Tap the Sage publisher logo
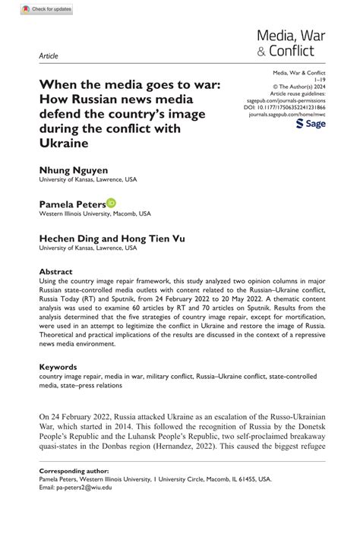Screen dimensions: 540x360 click(310, 123)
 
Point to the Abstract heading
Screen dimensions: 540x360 click(56, 271)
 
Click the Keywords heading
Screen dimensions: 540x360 click(59, 367)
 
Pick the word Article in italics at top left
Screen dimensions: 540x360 click(47, 56)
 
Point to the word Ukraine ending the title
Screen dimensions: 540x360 click(65, 143)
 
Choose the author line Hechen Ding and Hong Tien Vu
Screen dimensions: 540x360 click(112, 238)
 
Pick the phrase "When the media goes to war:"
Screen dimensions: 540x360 click(130, 84)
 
